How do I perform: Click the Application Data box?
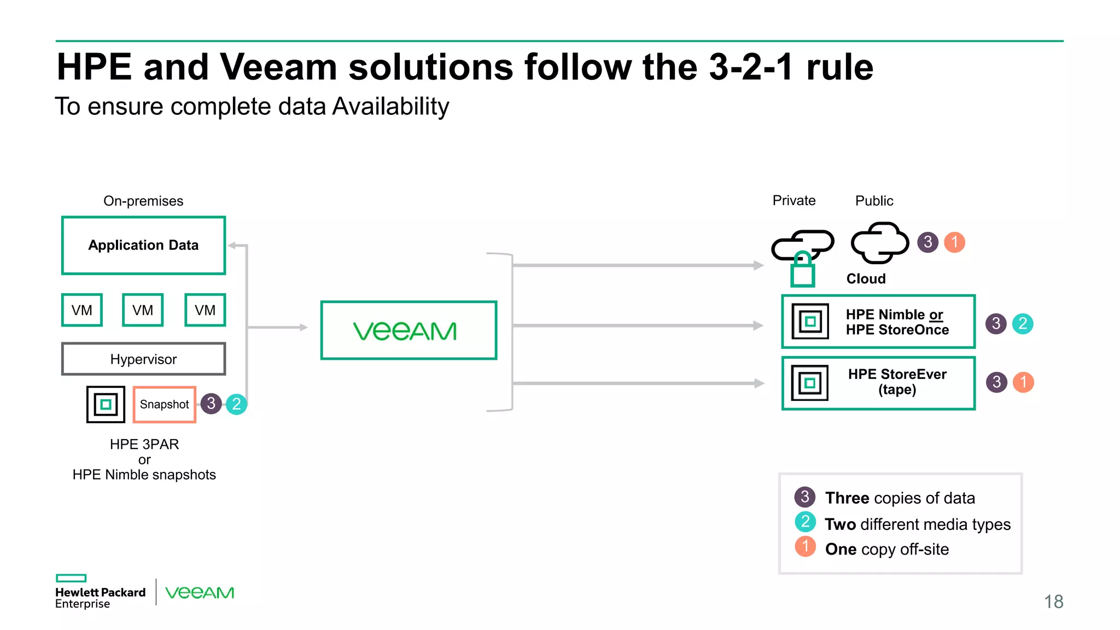(x=143, y=245)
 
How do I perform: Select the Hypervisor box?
(x=143, y=359)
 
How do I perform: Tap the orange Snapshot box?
(x=164, y=404)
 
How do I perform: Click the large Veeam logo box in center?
(x=409, y=330)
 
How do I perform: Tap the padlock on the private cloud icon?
(x=802, y=270)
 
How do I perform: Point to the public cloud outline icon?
(x=879, y=243)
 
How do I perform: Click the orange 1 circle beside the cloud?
(x=954, y=242)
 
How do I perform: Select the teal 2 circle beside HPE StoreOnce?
(x=1022, y=324)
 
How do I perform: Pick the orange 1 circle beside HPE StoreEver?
(x=1023, y=382)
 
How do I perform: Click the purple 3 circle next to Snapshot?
(x=211, y=404)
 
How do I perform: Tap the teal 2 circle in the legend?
(x=805, y=522)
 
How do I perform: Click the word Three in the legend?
(x=847, y=498)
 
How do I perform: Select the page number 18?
(x=1053, y=602)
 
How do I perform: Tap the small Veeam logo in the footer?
(x=200, y=593)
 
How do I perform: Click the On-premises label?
(x=143, y=201)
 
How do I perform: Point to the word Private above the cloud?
(x=794, y=201)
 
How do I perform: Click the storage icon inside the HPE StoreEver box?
(x=810, y=383)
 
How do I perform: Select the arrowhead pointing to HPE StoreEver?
(x=759, y=383)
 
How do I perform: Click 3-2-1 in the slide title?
(x=751, y=67)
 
